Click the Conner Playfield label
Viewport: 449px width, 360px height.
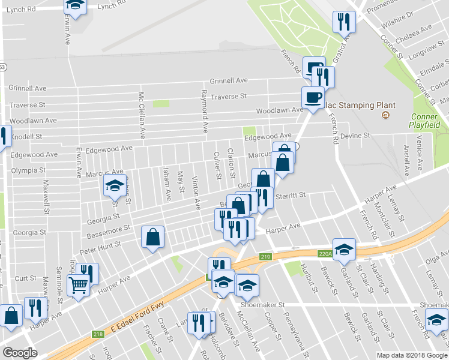426,121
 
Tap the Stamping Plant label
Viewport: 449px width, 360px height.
360,105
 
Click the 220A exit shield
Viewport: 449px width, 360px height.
325,254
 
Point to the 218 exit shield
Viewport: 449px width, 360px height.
98,334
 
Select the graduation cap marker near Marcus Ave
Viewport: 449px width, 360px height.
114,185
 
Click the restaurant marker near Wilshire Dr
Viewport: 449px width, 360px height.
344,22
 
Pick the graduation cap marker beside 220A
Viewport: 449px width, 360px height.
345,249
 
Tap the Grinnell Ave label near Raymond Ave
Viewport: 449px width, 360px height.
229,80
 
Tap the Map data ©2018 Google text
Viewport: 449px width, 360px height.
411,355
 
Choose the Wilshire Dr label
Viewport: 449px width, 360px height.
411,14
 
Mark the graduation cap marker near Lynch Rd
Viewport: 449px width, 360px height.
75,5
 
